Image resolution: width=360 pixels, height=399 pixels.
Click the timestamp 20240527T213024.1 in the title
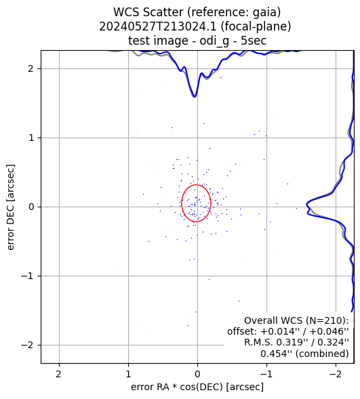coord(159,26)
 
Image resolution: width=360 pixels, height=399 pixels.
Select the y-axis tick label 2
coord(31,68)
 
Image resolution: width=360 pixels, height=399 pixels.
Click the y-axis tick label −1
coord(27,276)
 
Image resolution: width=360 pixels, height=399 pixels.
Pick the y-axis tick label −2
coord(27,345)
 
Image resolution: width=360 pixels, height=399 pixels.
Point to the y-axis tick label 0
coord(31,207)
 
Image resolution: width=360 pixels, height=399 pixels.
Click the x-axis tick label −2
coord(336,374)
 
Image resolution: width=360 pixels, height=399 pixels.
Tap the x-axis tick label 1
coord(128,374)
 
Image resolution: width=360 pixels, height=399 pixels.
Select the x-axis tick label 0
coord(197,374)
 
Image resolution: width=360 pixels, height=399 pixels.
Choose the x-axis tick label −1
coord(266,374)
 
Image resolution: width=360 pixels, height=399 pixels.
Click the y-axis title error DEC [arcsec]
coord(10,207)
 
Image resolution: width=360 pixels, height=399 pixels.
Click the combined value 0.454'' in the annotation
coord(277,354)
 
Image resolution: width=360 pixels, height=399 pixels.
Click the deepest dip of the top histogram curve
coord(195,97)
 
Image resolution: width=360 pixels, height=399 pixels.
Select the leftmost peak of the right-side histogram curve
coord(307,205)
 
